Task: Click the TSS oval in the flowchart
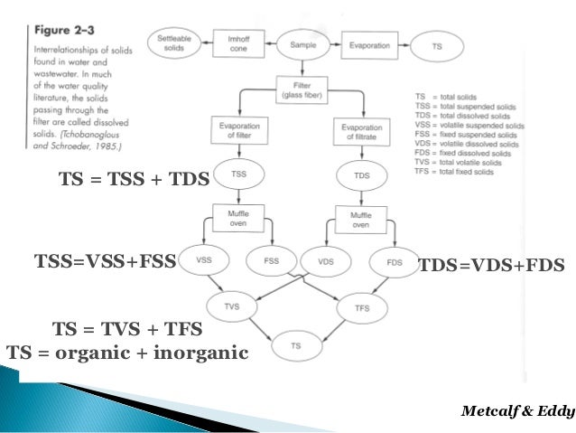pyautogui.click(x=238, y=173)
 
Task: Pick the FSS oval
pyautogui.click(x=271, y=260)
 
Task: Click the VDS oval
pyautogui.click(x=326, y=260)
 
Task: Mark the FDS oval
pyautogui.click(x=394, y=262)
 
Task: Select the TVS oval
pyautogui.click(x=232, y=307)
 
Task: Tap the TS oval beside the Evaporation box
pyautogui.click(x=437, y=43)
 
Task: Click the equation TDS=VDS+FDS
pyautogui.click(x=491, y=265)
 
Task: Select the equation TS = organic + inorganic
pyautogui.click(x=126, y=352)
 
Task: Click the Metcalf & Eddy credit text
pyautogui.click(x=516, y=411)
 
